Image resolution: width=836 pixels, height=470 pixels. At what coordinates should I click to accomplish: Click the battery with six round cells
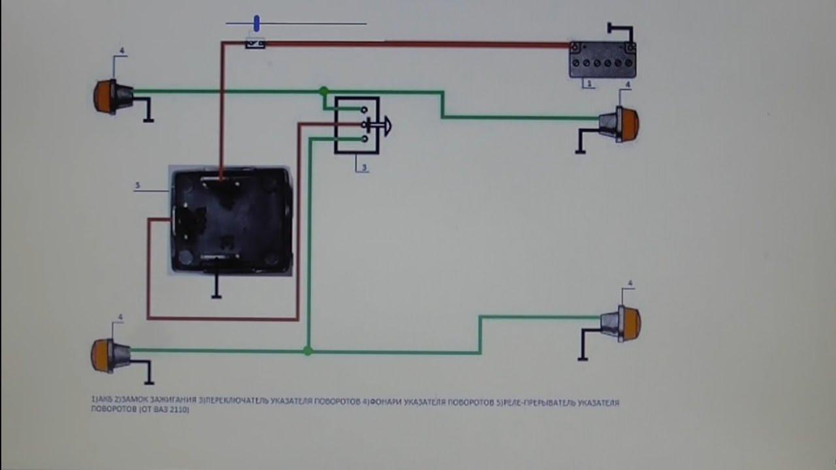[602, 59]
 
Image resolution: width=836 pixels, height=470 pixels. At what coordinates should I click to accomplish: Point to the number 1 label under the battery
[588, 84]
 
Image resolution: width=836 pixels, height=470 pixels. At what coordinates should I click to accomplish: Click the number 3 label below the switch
[364, 168]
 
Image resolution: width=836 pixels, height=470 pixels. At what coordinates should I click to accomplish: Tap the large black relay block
[230, 219]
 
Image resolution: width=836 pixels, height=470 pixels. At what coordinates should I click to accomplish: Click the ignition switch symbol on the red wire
[255, 44]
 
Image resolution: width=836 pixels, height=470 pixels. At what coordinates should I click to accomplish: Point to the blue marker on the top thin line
[257, 24]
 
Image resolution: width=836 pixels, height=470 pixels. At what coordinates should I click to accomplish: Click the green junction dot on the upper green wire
[323, 91]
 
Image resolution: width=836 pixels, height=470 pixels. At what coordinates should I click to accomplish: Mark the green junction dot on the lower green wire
[308, 351]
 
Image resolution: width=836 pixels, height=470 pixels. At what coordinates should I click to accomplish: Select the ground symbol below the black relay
[216, 287]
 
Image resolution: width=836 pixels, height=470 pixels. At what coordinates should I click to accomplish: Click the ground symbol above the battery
[619, 29]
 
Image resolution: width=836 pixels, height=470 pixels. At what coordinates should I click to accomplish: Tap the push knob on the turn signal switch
[385, 125]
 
